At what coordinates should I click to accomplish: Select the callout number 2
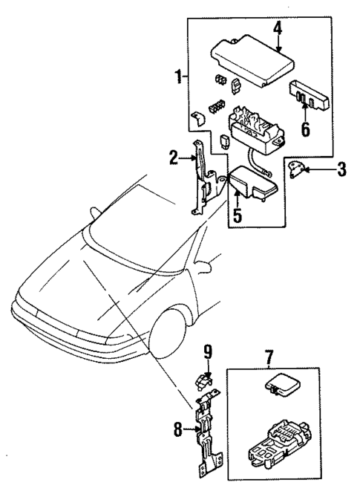(x=173, y=157)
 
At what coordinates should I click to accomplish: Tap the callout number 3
(x=341, y=169)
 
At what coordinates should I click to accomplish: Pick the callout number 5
(x=236, y=216)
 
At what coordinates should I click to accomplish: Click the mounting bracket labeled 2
(x=203, y=178)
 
